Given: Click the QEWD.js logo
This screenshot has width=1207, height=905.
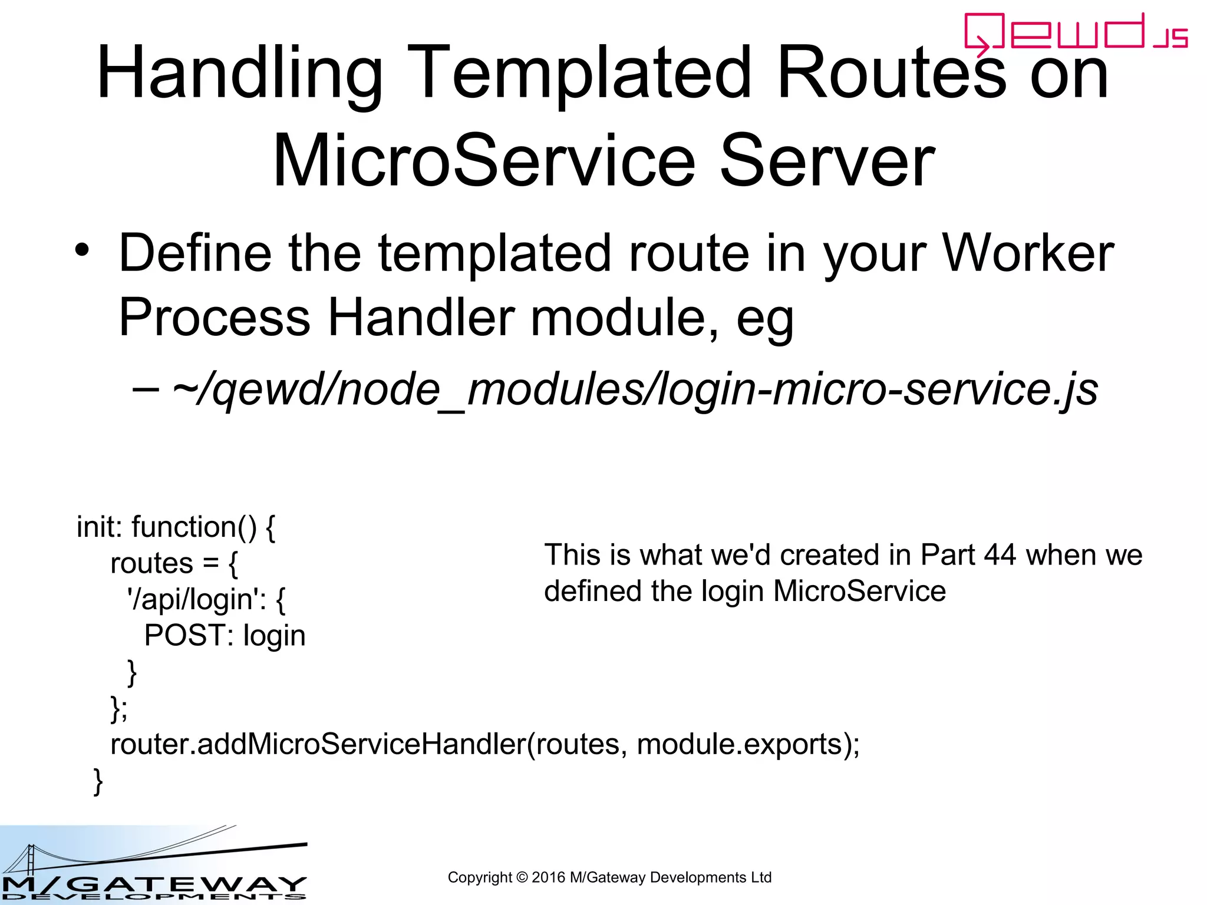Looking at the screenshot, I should point(1075,33).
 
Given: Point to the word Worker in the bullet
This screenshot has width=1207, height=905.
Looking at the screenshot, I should point(1028,253).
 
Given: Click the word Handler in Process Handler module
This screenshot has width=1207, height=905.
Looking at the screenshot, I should point(421,318).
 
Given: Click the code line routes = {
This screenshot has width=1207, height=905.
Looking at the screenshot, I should point(174,563).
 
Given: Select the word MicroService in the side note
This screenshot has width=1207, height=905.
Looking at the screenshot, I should point(859,591).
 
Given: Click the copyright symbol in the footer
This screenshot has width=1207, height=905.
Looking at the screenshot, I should point(522,877).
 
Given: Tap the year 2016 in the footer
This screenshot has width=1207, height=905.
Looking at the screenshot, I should point(548,877).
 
